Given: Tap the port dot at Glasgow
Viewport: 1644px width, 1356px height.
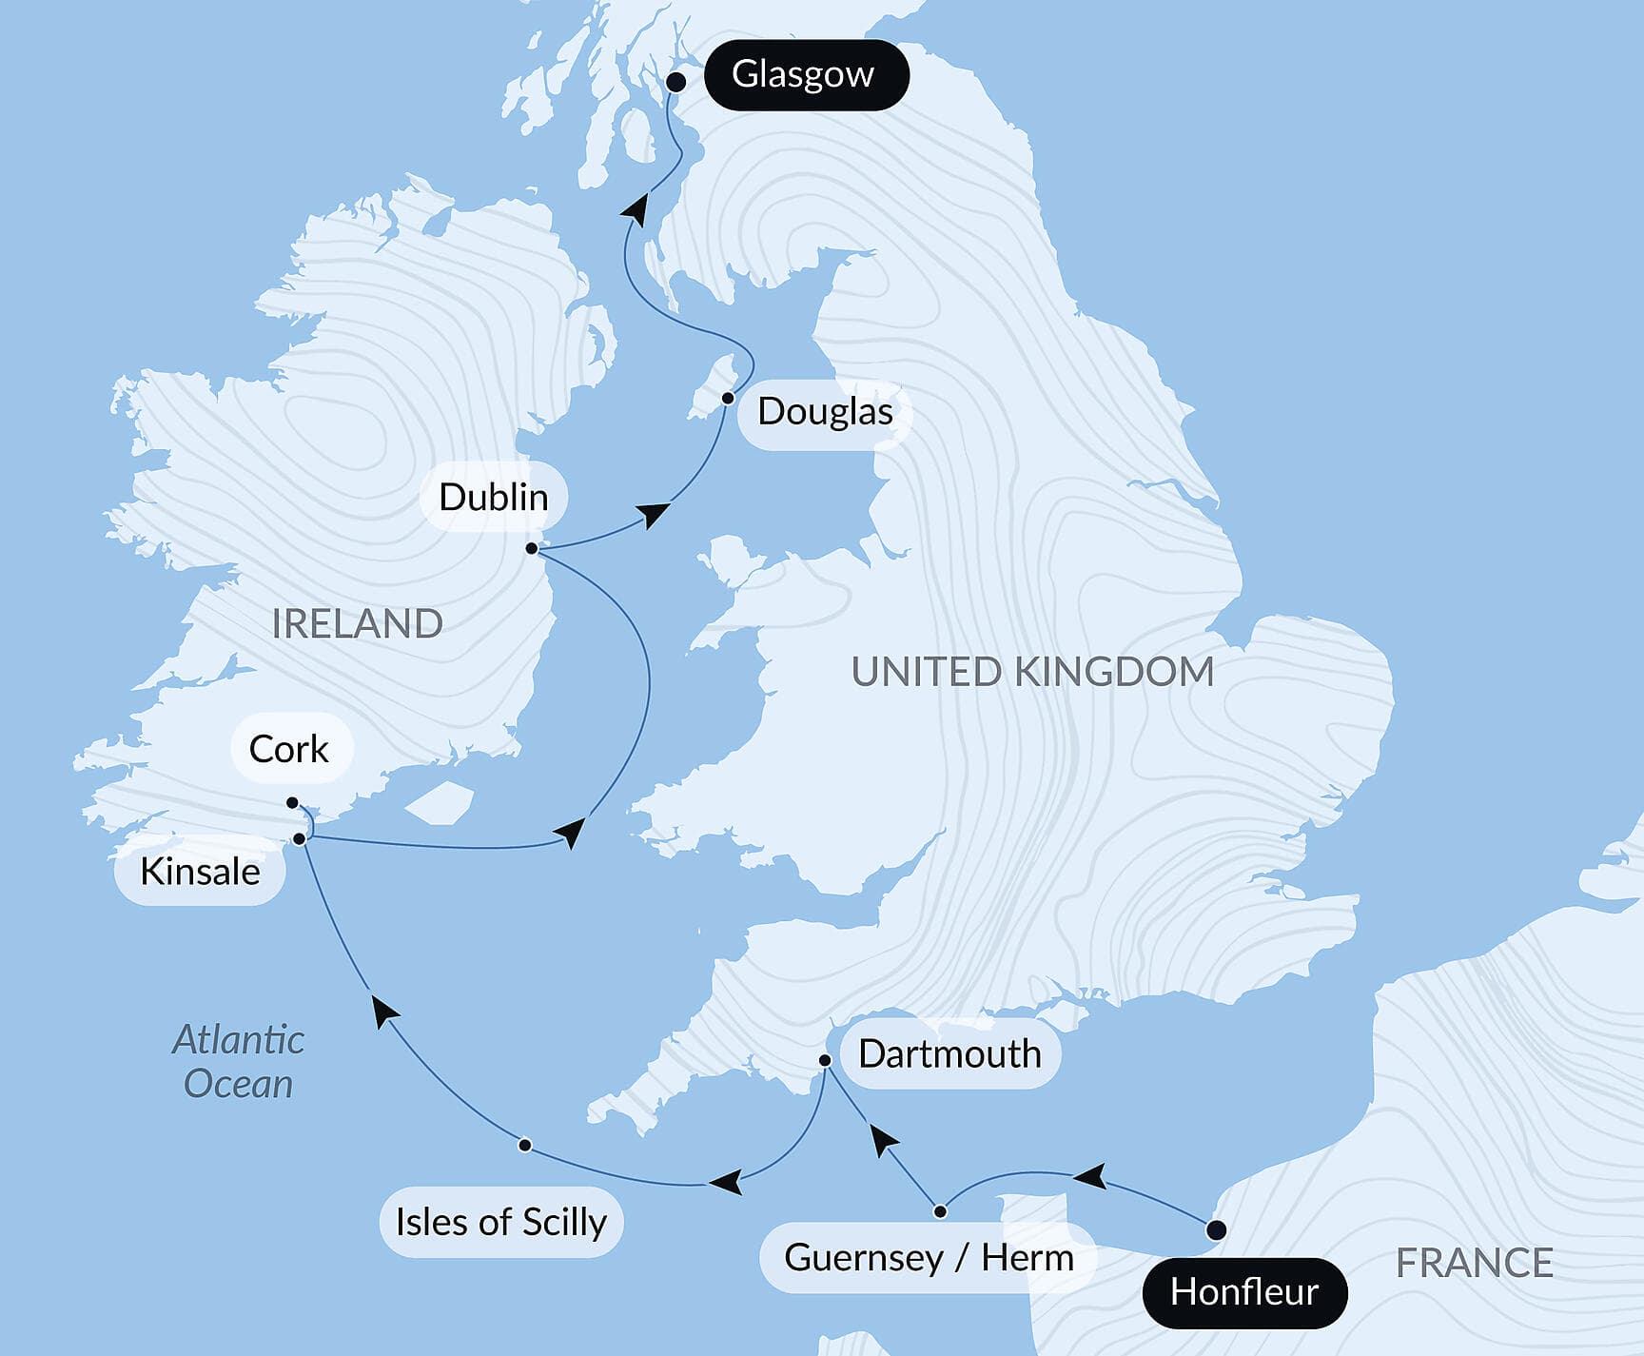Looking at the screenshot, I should (675, 82).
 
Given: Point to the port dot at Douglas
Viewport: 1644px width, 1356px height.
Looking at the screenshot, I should (728, 398).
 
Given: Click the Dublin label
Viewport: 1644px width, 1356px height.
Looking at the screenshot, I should (493, 498).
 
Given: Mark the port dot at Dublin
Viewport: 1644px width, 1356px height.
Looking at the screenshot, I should (532, 548).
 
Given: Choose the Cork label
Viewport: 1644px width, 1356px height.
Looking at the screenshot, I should (289, 750).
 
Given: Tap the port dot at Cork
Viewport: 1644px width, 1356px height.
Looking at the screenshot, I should (292, 802).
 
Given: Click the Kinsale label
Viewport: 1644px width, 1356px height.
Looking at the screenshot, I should (200, 872).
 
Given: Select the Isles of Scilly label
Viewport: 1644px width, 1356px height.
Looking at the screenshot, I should (501, 1223).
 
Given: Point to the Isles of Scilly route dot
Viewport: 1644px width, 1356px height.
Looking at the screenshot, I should (524, 1145).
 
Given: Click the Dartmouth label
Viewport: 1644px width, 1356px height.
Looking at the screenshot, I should (949, 1054).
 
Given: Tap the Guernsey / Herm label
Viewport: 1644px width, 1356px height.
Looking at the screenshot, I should (929, 1258).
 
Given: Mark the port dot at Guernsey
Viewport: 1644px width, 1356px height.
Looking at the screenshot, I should (940, 1211).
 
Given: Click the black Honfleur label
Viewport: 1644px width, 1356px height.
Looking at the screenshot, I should (1243, 1292).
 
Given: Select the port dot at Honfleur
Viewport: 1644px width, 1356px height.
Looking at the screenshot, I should (1216, 1229).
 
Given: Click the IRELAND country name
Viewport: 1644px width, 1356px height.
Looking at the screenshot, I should (358, 624).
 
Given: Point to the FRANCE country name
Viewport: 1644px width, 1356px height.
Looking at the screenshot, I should (1474, 1264).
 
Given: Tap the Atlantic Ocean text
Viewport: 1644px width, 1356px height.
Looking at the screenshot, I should (238, 1062).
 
